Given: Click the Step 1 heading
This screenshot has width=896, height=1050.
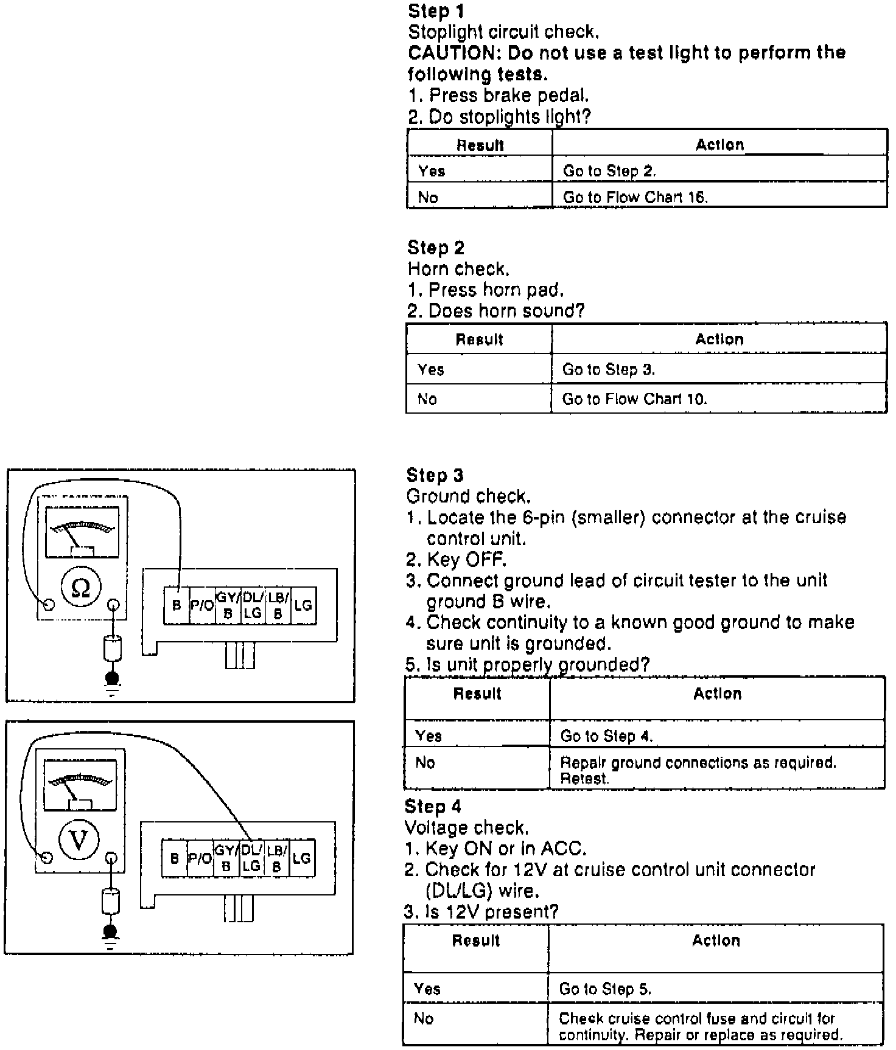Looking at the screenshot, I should tap(436, 11).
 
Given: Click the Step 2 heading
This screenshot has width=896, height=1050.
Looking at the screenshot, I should tap(436, 248).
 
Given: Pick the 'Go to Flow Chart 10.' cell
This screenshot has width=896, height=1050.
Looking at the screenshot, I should tap(634, 399).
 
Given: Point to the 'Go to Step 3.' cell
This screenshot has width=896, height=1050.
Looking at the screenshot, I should tap(609, 369).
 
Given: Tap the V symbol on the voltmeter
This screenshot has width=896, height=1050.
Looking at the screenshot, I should tap(79, 840).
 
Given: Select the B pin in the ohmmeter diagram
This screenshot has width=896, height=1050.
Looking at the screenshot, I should tap(177, 606).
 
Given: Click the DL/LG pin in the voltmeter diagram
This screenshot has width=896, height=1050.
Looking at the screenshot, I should tap(251, 858).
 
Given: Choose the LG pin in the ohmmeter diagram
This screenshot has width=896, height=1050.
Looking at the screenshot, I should tap(303, 605).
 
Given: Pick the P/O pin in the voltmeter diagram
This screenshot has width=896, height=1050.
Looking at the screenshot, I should tap(200, 858).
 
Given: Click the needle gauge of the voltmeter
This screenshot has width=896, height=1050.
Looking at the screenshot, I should tap(80, 785).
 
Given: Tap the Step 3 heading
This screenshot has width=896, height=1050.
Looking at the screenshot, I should tap(435, 475).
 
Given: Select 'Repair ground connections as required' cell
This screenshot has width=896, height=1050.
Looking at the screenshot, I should tap(698, 770).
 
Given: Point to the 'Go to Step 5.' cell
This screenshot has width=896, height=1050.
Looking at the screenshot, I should tap(606, 989).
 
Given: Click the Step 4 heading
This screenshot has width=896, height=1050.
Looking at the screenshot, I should tap(433, 807).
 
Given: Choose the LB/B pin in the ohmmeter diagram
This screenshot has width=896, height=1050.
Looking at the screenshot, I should tap(278, 605).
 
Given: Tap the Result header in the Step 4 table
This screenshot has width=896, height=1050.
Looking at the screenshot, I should tap(476, 940).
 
